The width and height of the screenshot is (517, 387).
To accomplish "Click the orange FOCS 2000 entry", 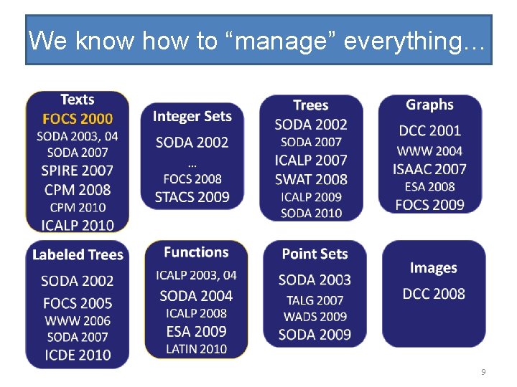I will [77, 118].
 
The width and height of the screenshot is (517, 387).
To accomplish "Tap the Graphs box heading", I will [429, 105].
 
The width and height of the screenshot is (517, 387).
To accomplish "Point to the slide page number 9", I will [483, 372].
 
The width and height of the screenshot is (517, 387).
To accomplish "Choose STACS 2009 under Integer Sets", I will [192, 196].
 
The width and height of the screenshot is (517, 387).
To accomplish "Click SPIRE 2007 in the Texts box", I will [77, 171].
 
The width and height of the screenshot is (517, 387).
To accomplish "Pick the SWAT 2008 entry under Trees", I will [311, 179].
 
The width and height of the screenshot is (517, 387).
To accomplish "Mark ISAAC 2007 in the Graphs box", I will [429, 169].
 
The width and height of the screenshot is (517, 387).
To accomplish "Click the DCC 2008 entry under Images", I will [434, 293].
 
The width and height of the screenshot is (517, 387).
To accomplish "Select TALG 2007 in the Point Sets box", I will [315, 300].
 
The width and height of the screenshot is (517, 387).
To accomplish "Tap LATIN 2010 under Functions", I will [196, 349].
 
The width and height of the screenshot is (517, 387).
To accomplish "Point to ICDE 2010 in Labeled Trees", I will [77, 354].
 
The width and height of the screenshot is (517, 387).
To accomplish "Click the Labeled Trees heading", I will [78, 254].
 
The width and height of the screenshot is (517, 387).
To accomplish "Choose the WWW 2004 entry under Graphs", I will [429, 150].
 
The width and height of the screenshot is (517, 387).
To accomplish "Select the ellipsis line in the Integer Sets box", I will [192, 164].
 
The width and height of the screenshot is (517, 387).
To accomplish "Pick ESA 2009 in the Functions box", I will [196, 331].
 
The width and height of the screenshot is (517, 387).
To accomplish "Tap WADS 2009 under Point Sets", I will [315, 317].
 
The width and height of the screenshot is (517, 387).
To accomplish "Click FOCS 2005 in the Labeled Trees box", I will [77, 303].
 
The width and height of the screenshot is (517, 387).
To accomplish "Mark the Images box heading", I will [434, 268].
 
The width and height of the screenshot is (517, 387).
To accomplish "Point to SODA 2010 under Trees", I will [311, 213].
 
